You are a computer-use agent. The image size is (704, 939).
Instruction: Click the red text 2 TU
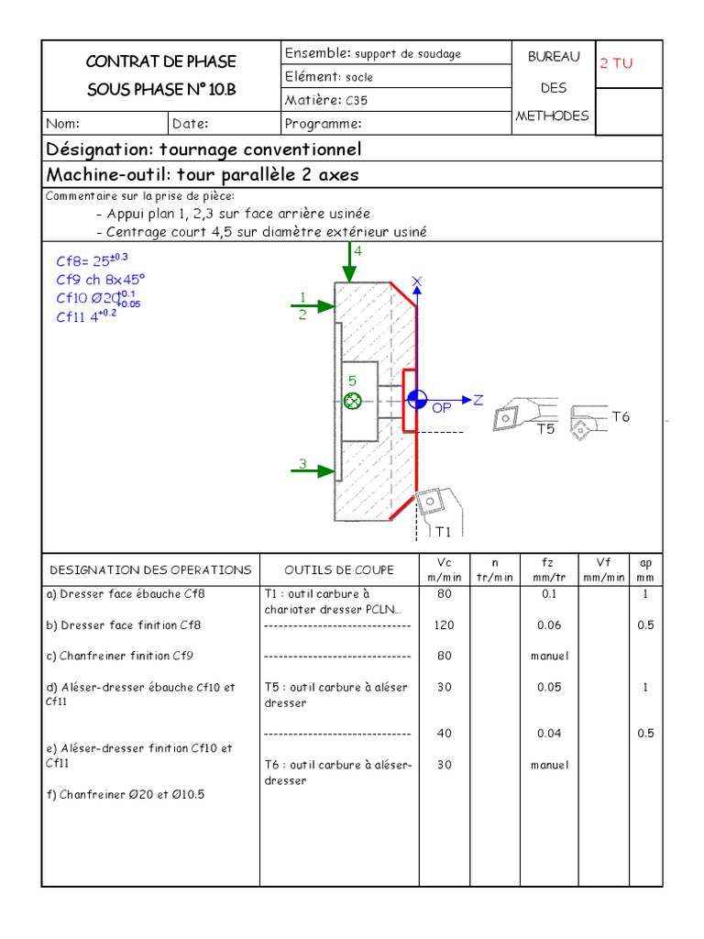tap(616, 63)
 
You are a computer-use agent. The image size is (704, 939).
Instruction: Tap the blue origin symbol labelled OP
tap(417, 399)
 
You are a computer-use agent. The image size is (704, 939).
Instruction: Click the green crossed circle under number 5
tap(352, 400)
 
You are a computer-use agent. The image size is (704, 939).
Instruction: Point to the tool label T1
tap(443, 531)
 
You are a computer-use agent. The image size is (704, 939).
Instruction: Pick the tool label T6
tap(621, 417)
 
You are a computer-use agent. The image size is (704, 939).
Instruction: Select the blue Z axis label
tap(478, 400)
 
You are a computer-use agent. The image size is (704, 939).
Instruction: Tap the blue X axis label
tap(417, 282)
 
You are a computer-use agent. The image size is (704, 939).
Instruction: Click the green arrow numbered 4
tap(348, 266)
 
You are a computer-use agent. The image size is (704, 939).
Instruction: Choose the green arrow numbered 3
tap(316, 470)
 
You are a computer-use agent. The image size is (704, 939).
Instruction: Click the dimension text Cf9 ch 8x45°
tap(100, 280)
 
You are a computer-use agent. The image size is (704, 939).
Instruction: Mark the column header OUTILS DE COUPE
tap(338, 569)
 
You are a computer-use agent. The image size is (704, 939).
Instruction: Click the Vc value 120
tap(444, 625)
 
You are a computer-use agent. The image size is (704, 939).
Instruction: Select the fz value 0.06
tap(549, 625)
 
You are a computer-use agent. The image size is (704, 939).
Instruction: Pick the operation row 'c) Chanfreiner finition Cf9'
tap(120, 656)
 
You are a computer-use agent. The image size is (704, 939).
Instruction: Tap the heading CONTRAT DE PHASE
tap(160, 61)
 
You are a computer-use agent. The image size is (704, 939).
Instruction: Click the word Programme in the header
tap(323, 124)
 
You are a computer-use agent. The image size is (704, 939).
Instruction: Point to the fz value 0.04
tap(549, 733)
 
